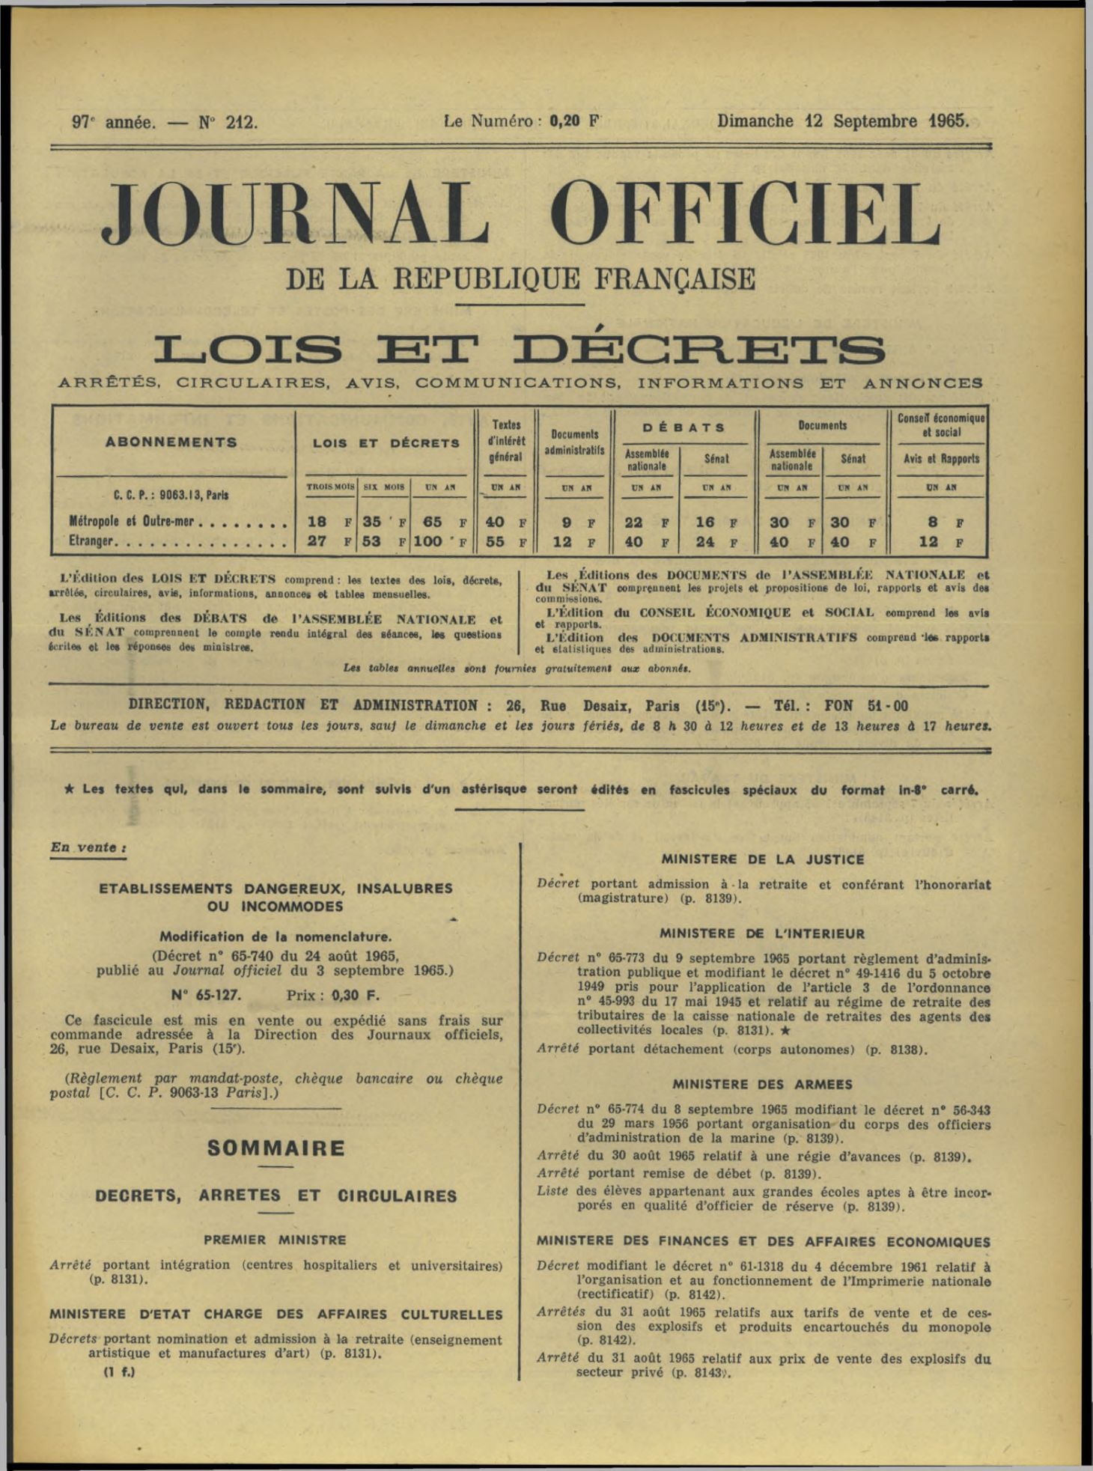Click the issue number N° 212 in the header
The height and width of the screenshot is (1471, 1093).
coord(228,122)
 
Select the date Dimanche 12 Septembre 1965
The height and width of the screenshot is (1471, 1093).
coord(843,121)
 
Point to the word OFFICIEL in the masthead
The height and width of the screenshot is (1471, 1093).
coord(749,215)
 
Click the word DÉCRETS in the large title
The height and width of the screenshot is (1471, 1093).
coord(704,350)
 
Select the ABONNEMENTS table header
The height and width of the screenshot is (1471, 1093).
coord(171,442)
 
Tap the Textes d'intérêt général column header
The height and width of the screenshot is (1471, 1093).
coord(506,441)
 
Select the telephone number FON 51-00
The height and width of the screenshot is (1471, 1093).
coord(866,705)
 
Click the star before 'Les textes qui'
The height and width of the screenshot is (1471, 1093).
coord(70,788)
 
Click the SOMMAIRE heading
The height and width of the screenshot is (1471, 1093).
coord(276,1148)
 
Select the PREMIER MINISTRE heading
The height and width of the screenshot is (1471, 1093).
coord(275,1240)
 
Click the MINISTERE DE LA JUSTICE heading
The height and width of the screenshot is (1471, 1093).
coord(763,859)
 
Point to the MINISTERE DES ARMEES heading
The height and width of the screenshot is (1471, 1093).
coord(762,1084)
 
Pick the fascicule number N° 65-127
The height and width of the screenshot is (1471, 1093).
coord(206,995)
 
